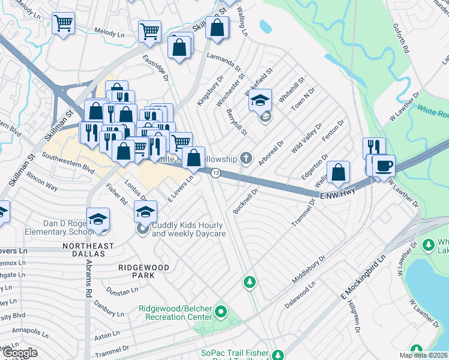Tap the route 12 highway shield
215,173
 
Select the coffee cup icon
383,166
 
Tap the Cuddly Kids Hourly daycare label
188,229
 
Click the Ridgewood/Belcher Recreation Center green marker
220,312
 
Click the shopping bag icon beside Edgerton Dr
339,171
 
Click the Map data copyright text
423,355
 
